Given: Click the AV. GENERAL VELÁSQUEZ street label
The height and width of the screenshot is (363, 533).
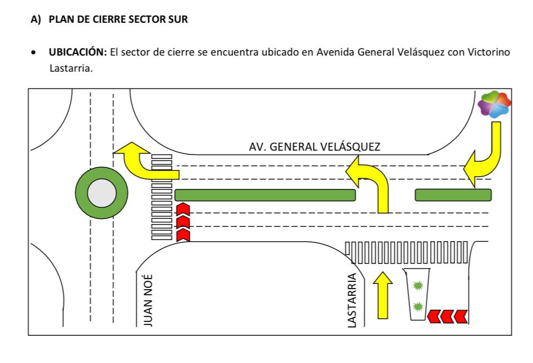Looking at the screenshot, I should tap(314, 147).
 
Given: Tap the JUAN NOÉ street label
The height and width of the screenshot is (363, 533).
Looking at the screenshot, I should tap(148, 300).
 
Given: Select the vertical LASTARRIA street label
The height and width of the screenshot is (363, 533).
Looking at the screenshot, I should tap(352, 300).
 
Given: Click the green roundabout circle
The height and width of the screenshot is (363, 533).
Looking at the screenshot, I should tap(96, 193).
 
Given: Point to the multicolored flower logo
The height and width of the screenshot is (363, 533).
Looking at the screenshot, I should tap(494, 105).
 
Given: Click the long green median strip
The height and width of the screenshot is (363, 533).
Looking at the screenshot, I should tap(265, 195).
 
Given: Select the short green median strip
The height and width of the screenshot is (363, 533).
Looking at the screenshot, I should tap(453, 195).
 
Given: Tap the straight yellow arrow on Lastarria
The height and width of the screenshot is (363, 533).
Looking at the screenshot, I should tap(382, 295).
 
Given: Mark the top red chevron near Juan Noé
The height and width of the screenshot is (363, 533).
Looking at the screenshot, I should tap(183, 210).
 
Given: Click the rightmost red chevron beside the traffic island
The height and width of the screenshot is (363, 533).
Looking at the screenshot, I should tap(461, 317).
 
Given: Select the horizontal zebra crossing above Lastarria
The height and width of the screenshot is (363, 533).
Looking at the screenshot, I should tap(407, 252).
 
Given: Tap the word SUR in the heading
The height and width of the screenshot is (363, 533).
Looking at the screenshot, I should tap(179, 20).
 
